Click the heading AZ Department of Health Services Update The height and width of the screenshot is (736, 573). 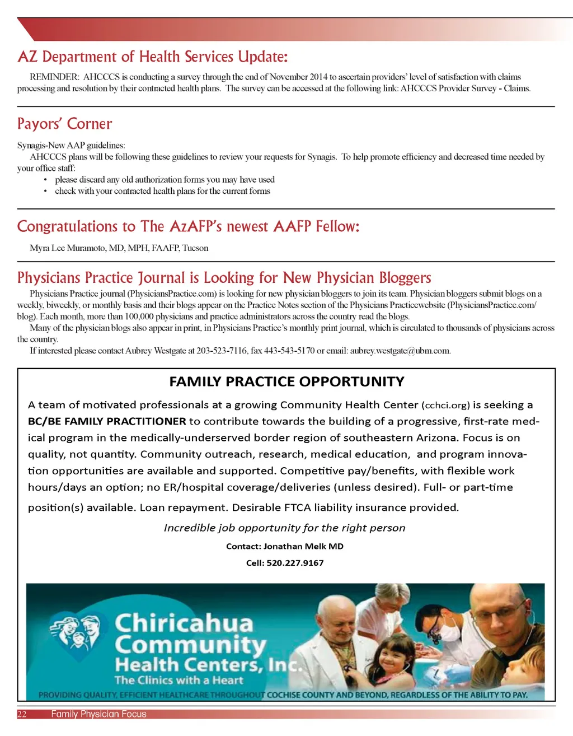(x=152, y=57)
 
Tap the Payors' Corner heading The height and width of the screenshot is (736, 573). (x=64, y=124)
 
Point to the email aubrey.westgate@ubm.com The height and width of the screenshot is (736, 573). (x=400, y=351)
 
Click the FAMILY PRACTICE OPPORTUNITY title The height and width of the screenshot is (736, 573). (x=286, y=382)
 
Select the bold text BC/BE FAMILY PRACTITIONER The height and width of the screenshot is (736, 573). (x=107, y=421)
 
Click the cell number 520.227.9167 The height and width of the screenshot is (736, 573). (x=295, y=563)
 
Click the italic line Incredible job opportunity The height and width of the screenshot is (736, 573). (x=284, y=528)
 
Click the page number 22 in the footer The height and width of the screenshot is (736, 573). (x=22, y=714)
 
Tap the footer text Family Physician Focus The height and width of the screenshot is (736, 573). (x=98, y=714)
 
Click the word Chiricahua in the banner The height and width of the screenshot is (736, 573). (x=184, y=623)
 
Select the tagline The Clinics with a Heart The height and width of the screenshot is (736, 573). (x=179, y=681)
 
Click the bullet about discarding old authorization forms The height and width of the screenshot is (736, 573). (x=165, y=180)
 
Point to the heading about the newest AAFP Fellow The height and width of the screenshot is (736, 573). (x=188, y=226)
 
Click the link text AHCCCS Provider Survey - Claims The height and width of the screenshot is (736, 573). (x=465, y=88)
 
